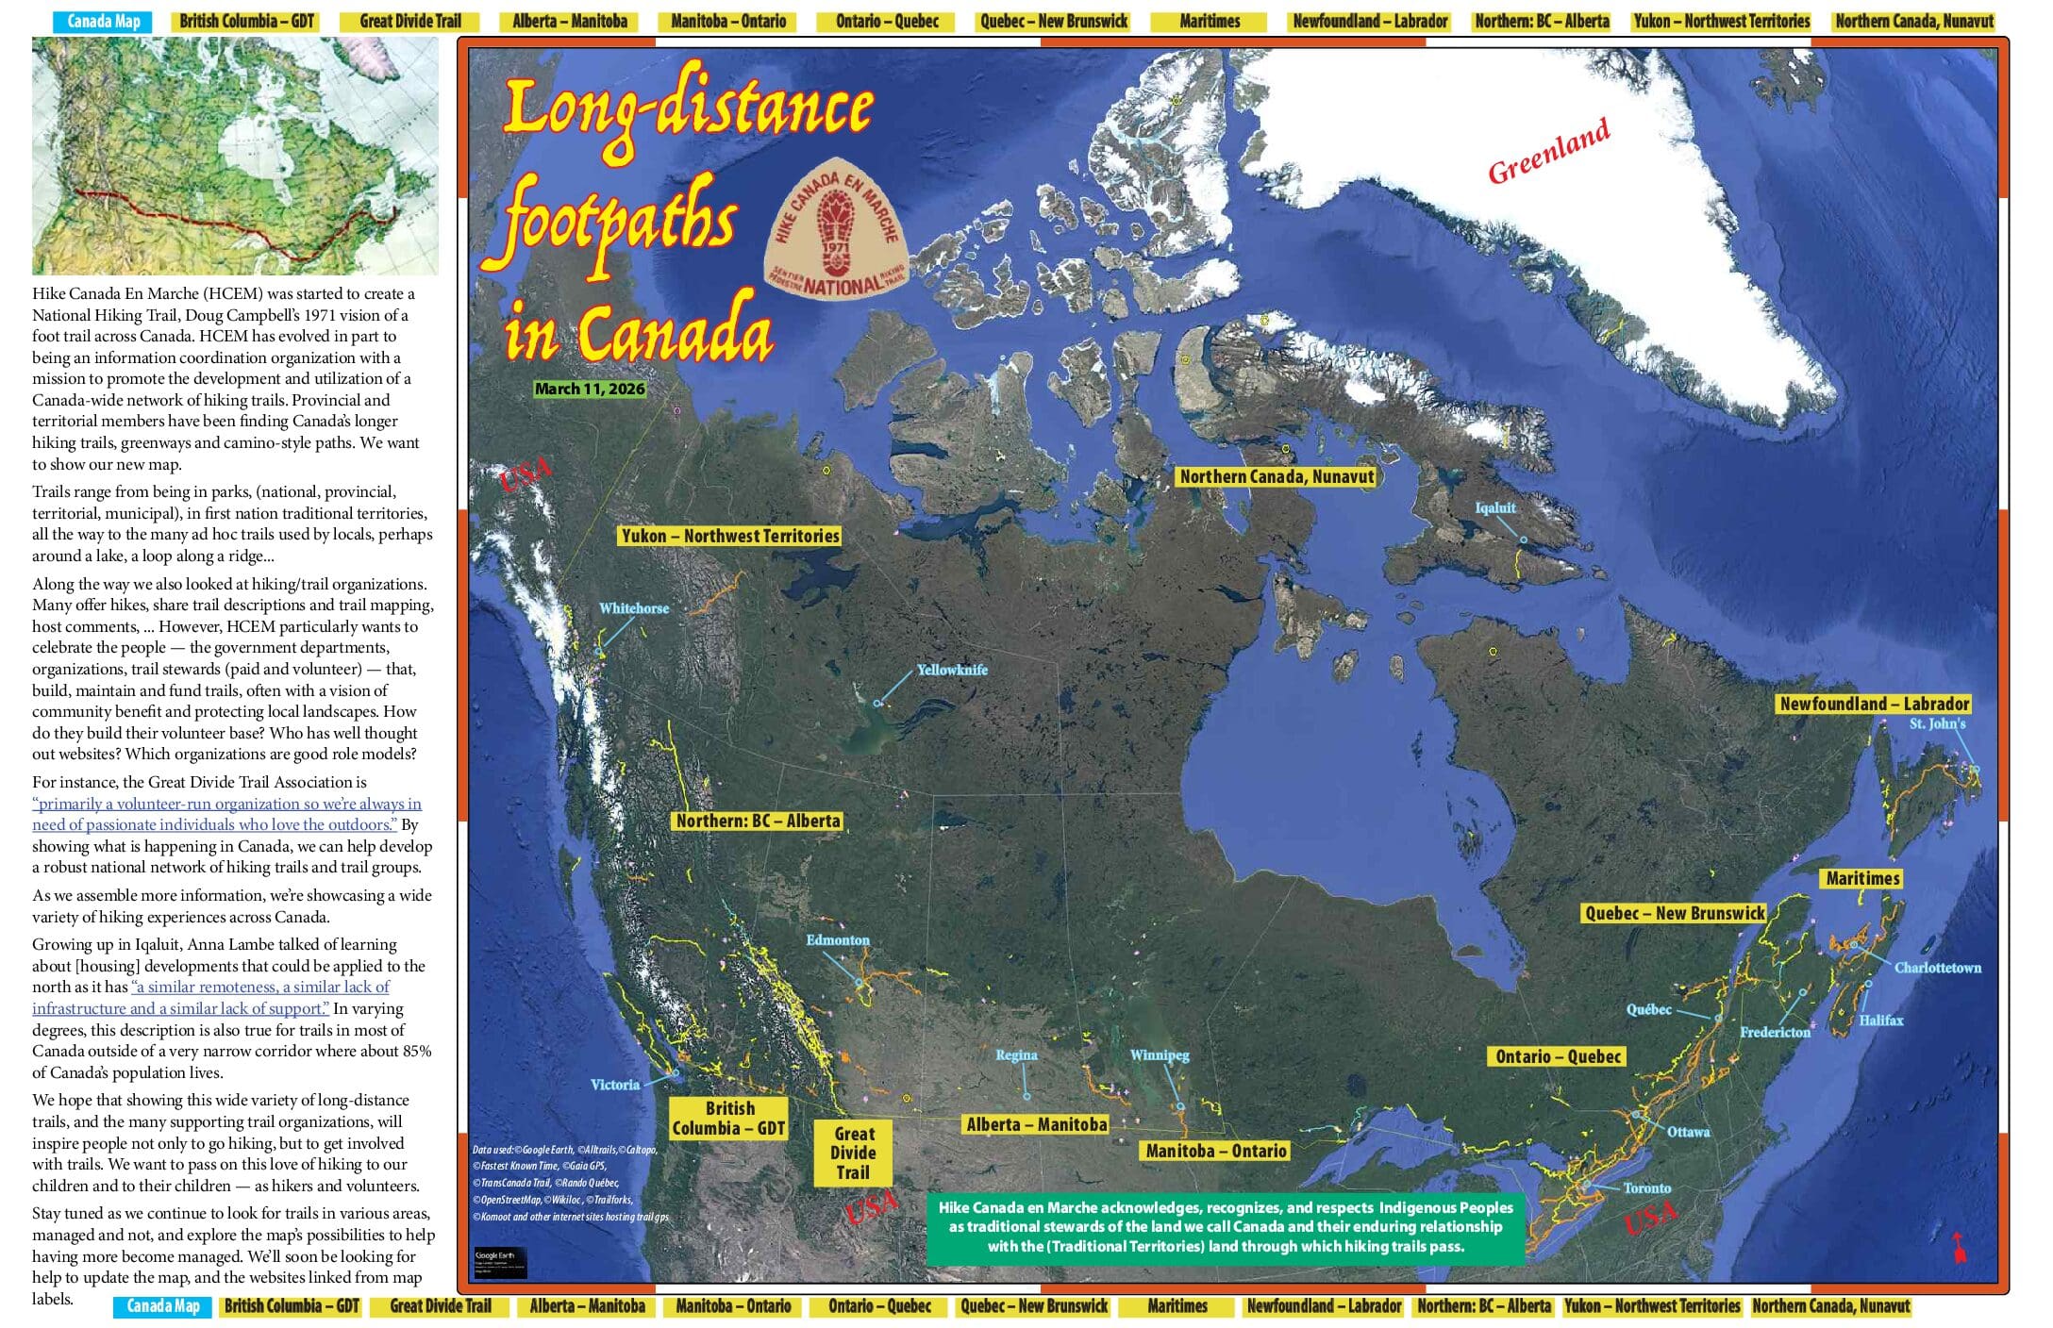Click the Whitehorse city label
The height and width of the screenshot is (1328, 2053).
634,608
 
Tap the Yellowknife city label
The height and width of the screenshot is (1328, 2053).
952,670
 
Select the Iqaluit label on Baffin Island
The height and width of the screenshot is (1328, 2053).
1495,508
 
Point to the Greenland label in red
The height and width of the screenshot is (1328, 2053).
1548,151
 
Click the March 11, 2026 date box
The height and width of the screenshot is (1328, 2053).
590,389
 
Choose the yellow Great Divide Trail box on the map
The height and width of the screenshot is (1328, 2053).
853,1153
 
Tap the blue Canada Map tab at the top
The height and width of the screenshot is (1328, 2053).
104,21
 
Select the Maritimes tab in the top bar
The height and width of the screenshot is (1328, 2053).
1210,21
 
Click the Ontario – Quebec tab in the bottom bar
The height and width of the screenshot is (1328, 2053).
879,1306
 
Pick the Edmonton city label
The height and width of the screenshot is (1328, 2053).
838,940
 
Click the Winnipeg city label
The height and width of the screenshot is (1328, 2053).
1160,1055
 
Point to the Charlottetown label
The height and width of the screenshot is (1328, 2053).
1938,968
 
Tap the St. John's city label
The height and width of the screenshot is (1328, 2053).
1937,723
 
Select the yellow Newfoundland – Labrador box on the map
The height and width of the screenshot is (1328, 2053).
1874,704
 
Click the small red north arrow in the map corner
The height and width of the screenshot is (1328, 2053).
1959,1248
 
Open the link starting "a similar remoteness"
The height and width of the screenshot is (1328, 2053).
260,987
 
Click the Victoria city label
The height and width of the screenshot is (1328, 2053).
615,1085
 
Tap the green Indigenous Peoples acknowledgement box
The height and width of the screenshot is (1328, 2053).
1225,1227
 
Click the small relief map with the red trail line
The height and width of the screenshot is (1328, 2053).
235,156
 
